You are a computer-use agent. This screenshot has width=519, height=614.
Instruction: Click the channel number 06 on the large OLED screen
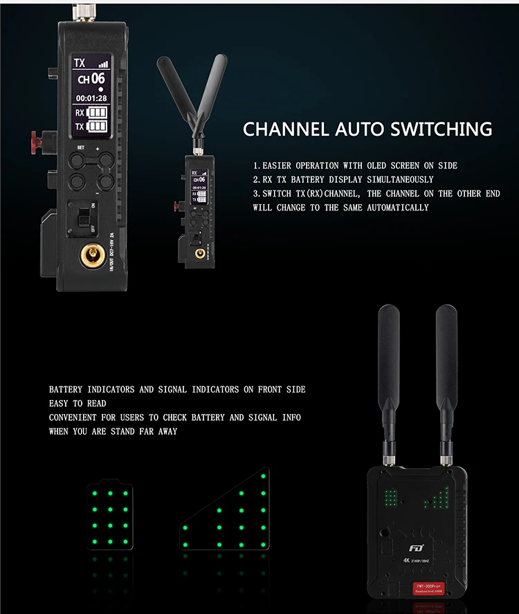[98, 79]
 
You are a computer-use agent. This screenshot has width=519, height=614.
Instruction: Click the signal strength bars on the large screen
[104, 64]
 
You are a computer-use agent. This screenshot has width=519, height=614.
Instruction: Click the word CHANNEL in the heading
[284, 129]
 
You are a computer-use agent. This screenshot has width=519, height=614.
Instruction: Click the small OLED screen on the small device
[199, 185]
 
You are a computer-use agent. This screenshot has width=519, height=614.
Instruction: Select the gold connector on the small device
[201, 254]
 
